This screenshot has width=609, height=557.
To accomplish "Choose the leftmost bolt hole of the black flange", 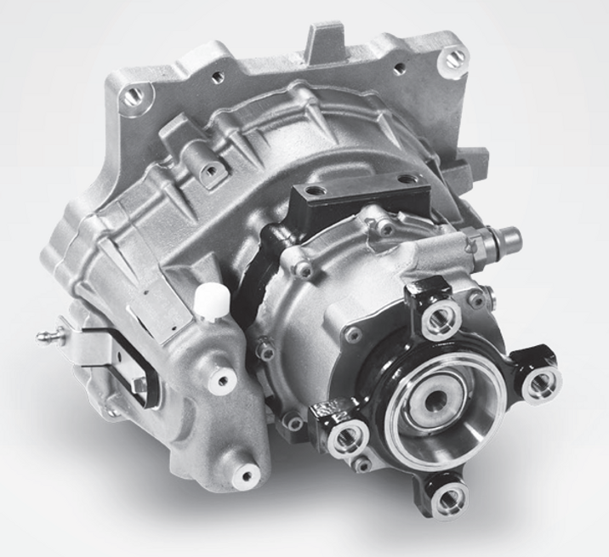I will (345, 439).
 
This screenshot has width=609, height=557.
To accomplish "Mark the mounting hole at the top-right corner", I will (455, 58).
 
